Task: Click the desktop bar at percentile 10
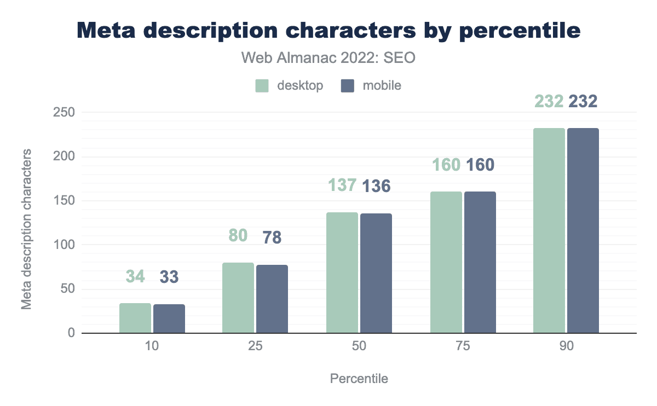pos(135,318)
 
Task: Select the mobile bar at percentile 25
pos(272,299)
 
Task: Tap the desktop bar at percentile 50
pos(342,272)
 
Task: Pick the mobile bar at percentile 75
pos(480,262)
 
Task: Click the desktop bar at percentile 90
pos(549,230)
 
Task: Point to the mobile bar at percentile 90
pos(583,230)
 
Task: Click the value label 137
pos(343,185)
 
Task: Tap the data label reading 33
pos(169,277)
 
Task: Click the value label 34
pos(135,276)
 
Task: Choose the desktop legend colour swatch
pos(262,85)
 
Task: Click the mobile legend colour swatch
pos(348,85)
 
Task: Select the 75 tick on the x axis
pos(463,347)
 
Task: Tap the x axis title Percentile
pos(359,379)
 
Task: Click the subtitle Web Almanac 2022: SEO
pos(328,57)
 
